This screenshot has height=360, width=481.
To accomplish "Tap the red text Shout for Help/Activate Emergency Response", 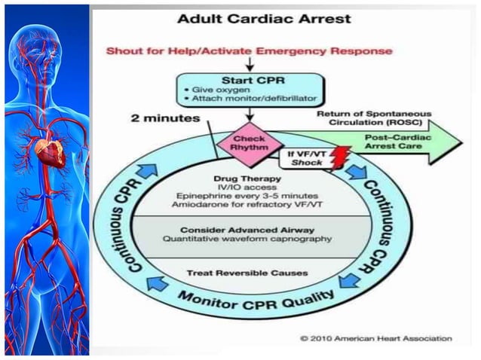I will point(250,51).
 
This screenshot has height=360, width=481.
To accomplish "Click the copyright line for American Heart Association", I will point(375,339).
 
